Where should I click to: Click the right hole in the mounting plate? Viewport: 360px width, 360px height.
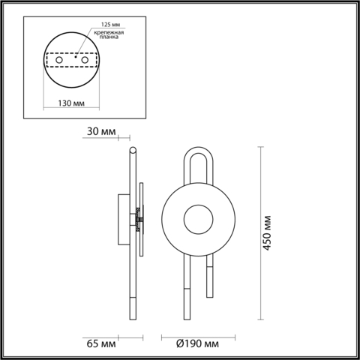(x=80, y=59)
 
